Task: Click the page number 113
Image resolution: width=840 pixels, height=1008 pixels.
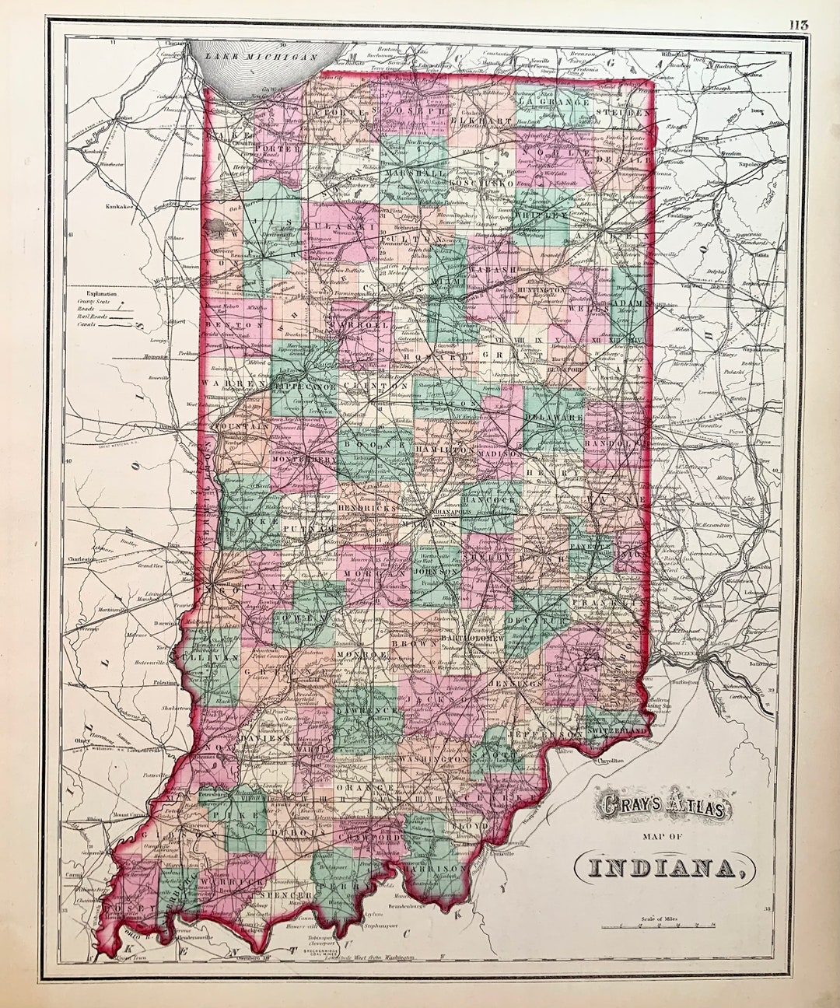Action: coord(798,24)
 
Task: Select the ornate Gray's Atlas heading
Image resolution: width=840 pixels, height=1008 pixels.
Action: coord(663,809)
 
